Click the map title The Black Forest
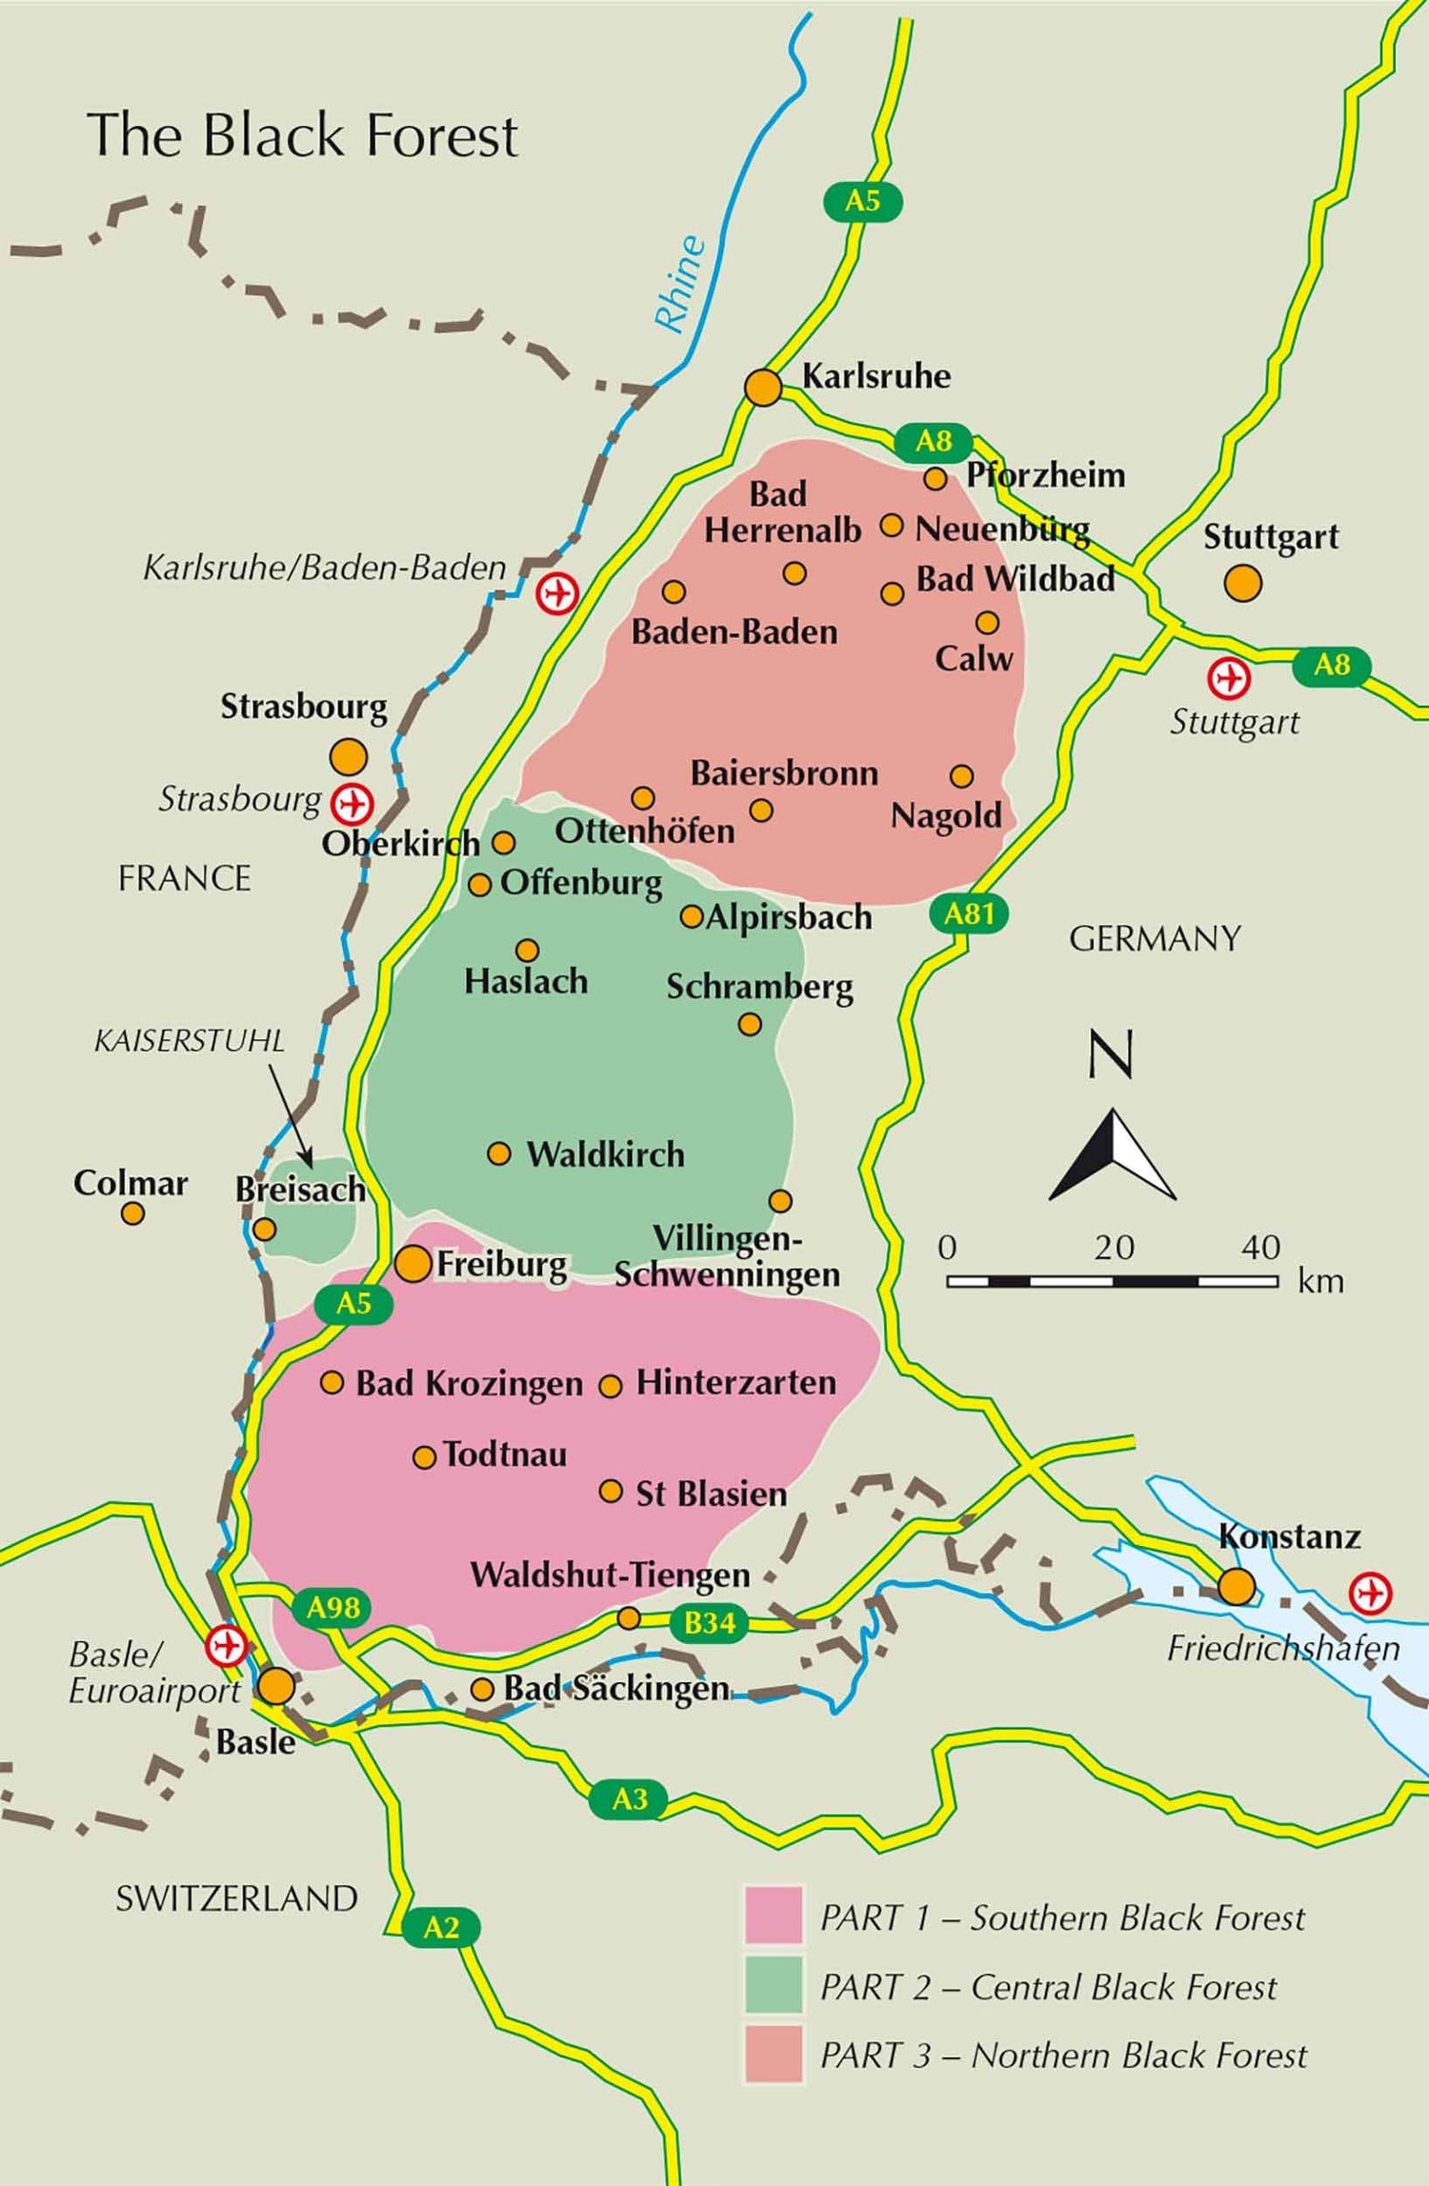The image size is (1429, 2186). pos(302,135)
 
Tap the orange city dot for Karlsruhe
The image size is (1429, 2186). pos(763,388)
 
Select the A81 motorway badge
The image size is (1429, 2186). pos(969,914)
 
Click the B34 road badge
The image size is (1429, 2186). pos(709,1622)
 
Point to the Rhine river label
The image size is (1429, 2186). pos(681,285)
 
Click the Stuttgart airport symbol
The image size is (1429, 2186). pos(1229,679)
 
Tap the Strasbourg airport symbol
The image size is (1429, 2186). pos(352,804)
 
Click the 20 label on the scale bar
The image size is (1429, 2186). pos(1114,1247)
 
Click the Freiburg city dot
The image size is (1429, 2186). pos(413,1264)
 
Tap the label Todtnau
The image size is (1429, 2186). pos(505,1454)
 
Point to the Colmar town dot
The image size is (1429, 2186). pos(132,1213)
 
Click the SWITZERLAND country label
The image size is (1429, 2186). pos(236,1898)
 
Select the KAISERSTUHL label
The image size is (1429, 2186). pos(189,1041)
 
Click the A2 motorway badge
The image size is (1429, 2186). pos(441,1928)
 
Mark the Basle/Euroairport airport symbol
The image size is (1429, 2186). pos(227,1645)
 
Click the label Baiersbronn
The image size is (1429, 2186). pos(784,773)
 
